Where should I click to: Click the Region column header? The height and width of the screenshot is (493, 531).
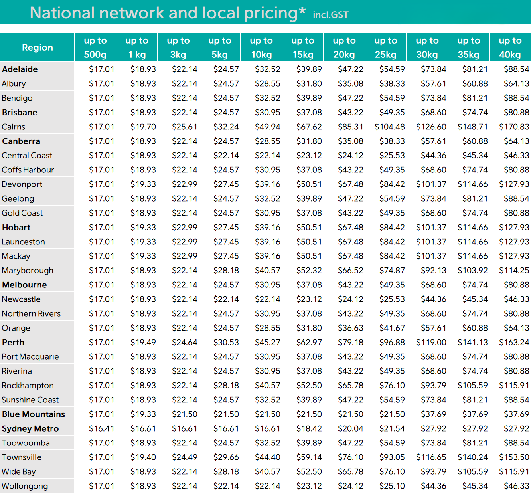(37, 48)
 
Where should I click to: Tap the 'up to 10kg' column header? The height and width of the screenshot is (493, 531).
(261, 48)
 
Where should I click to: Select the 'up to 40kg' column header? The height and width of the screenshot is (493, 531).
(510, 48)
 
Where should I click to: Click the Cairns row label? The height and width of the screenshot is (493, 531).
(14, 127)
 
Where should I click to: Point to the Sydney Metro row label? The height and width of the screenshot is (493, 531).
(30, 429)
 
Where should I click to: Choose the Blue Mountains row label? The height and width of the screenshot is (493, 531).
(34, 414)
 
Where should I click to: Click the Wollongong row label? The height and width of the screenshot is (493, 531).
(25, 486)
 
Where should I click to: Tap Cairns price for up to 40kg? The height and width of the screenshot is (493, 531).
(514, 127)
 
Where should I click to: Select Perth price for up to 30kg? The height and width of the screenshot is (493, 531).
(431, 343)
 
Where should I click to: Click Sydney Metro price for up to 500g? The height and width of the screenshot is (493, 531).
(101, 429)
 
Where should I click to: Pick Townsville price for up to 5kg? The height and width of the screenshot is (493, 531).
(226, 457)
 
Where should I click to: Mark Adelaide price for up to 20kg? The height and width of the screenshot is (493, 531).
(350, 69)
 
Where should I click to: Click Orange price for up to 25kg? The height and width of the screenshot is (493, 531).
(392, 328)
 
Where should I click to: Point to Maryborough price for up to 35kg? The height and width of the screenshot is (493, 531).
(472, 271)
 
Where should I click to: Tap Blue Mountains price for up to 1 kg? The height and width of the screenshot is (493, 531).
(143, 414)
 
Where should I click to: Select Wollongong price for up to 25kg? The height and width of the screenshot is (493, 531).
(392, 486)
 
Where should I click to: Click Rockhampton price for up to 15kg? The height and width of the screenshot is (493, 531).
(309, 386)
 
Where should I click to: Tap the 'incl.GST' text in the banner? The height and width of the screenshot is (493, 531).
(330, 15)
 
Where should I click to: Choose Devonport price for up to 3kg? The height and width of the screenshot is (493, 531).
(184, 184)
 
